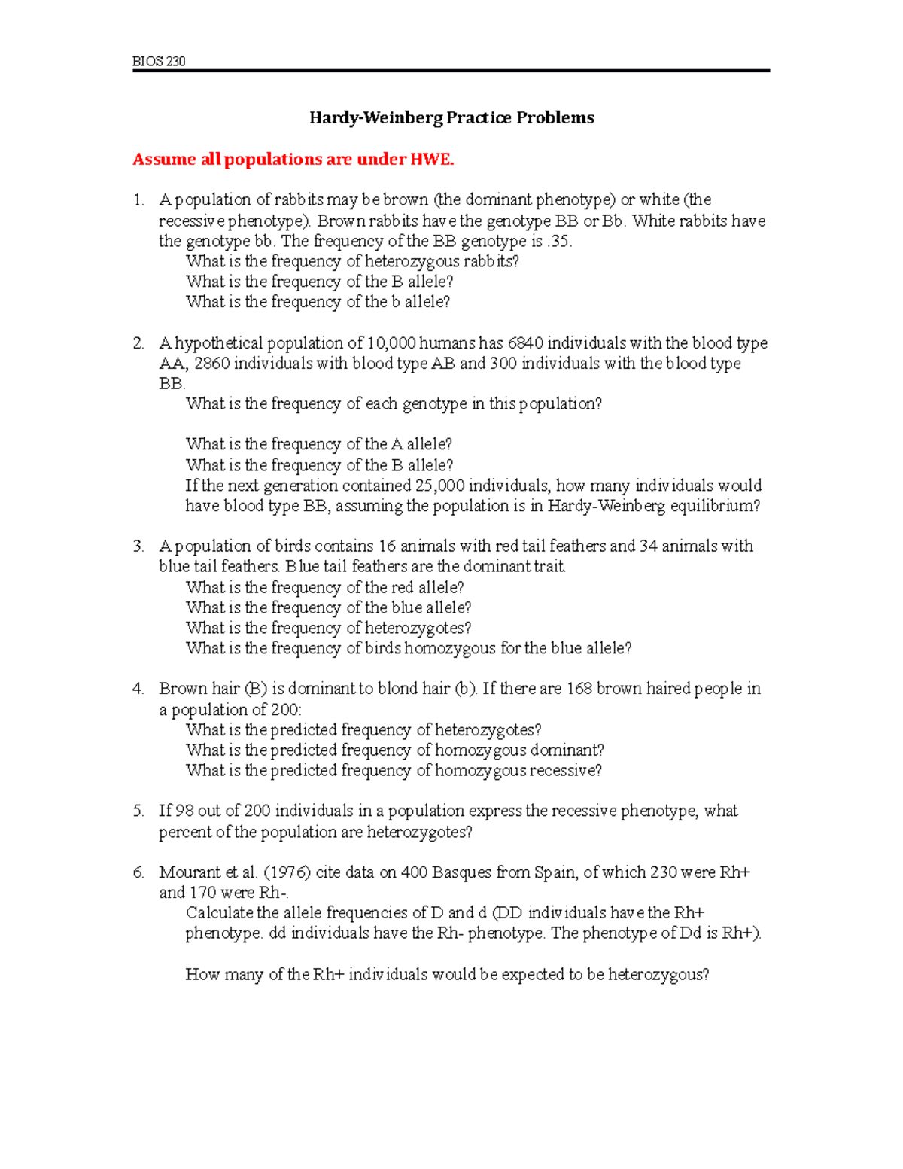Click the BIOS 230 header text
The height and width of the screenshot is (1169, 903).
tap(159, 61)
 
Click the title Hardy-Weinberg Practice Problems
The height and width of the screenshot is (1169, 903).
tap(451, 117)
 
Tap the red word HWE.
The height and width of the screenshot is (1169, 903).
tap(432, 160)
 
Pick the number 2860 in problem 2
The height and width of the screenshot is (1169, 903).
tap(211, 364)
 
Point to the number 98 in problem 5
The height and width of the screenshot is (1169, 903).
tap(184, 811)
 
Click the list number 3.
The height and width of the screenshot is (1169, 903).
tap(138, 546)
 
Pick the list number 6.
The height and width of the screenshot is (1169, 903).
tap(138, 872)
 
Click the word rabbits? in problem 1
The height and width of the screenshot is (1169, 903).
tap(491, 262)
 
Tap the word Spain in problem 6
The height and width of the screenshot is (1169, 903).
tap(555, 872)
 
